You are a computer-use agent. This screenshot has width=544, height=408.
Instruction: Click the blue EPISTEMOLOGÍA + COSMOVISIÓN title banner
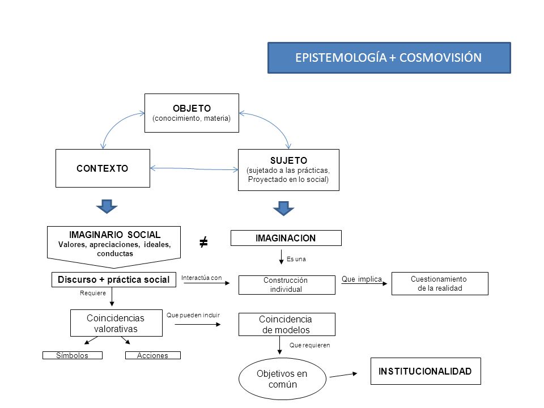(x=389, y=58)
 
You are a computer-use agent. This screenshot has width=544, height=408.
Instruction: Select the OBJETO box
(x=192, y=113)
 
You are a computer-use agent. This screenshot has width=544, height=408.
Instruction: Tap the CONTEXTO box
(x=103, y=168)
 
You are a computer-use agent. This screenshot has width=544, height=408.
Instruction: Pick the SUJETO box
(x=288, y=170)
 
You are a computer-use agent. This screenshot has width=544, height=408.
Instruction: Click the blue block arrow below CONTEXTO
(x=107, y=206)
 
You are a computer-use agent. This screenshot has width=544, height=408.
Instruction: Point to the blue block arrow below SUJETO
(x=284, y=208)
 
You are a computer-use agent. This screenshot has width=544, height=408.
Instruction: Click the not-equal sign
(x=203, y=242)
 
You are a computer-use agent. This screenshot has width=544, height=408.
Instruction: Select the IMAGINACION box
(x=286, y=238)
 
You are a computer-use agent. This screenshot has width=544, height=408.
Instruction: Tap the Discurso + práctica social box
(x=114, y=279)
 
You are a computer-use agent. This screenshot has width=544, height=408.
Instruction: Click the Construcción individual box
(x=287, y=285)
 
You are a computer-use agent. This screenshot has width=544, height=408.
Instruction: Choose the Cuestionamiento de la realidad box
(x=440, y=283)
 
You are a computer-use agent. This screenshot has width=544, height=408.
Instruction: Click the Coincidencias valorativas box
(x=116, y=323)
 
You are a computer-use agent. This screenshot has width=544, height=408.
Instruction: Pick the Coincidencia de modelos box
(x=287, y=324)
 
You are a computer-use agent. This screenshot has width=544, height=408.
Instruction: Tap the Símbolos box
(x=73, y=355)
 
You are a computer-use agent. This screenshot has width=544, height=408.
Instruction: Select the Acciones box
(x=152, y=355)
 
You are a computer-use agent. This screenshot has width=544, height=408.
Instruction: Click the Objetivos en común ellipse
(x=282, y=379)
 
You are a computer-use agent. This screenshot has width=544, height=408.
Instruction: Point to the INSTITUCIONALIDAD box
(x=426, y=371)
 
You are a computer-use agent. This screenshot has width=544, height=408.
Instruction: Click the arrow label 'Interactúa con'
(x=202, y=278)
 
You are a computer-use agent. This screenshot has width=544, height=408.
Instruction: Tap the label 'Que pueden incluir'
(x=193, y=315)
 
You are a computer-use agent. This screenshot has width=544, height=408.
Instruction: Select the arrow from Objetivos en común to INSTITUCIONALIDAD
(x=343, y=375)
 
